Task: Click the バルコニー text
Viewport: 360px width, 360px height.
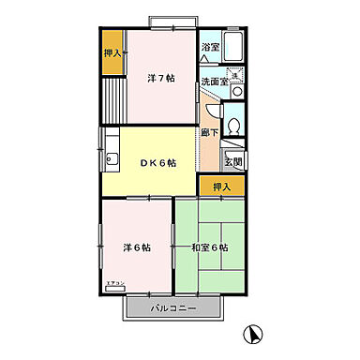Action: click(173, 307)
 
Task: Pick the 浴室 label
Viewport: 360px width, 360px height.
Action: click(210, 46)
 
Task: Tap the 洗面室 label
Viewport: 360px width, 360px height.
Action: click(215, 82)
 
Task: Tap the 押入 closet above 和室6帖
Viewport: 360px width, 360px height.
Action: click(222, 186)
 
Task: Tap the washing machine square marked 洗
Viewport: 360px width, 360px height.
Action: click(236, 76)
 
